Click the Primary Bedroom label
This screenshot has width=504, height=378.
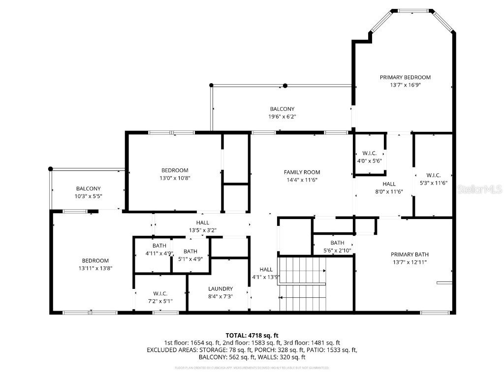405,77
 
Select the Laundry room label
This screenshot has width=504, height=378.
220,289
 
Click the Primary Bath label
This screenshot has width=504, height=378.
409,254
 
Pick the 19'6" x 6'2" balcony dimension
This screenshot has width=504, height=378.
282,117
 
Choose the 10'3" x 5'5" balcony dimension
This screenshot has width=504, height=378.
89,196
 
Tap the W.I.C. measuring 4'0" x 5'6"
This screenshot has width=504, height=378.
369,161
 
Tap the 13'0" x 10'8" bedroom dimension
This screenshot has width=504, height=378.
175,178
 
